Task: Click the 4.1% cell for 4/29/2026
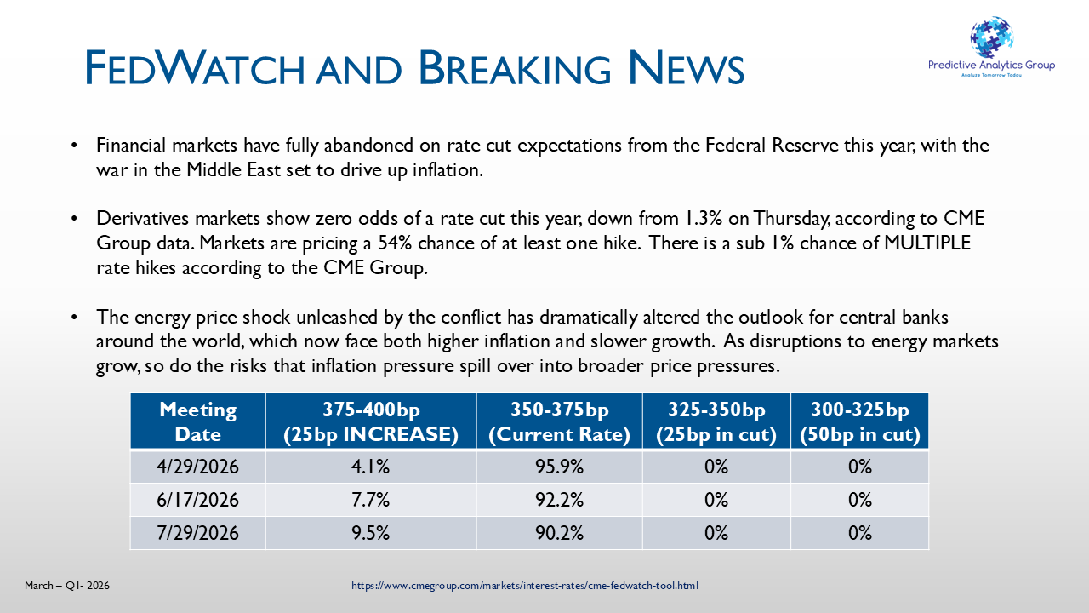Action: [371, 467]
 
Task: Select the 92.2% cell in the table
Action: [559, 501]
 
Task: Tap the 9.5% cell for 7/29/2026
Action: [371, 534]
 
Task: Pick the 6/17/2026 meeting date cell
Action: [197, 501]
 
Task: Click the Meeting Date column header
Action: [197, 421]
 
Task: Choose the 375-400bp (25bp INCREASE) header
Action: [371, 421]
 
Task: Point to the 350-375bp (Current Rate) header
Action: [559, 421]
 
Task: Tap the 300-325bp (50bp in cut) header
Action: [859, 421]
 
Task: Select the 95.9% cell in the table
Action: [559, 467]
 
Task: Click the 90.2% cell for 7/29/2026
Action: [559, 534]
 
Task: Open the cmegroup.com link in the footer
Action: [525, 586]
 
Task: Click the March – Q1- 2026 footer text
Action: [67, 586]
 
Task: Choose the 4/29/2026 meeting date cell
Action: [197, 467]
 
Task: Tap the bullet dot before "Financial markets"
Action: [76, 146]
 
